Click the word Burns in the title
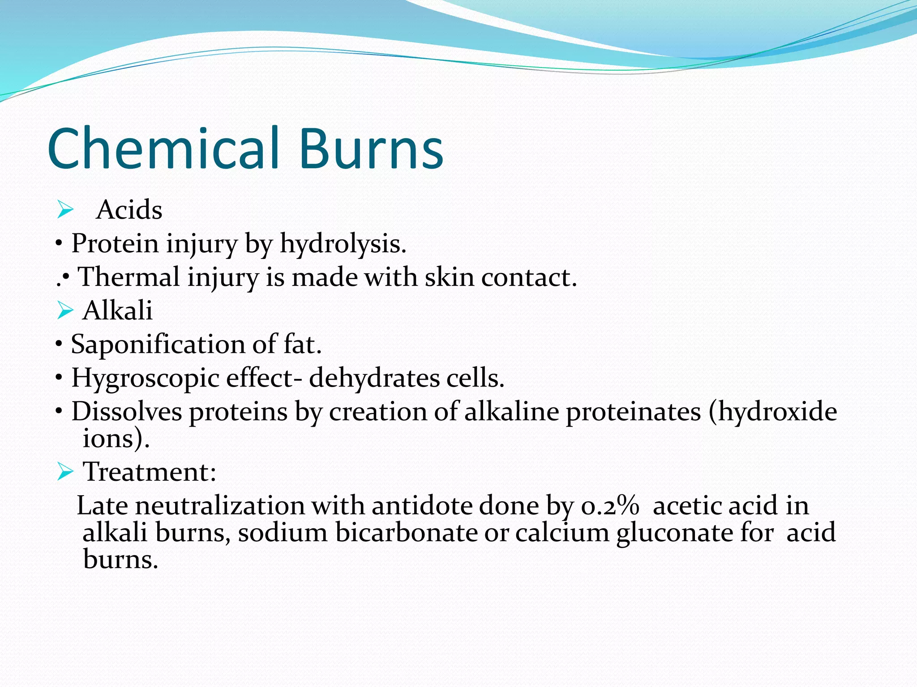[371, 148]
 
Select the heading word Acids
[129, 210]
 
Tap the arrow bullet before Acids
[65, 210]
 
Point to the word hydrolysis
[343, 244]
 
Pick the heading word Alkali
[118, 310]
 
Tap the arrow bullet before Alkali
[65, 310]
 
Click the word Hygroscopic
[144, 378]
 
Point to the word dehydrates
[374, 378]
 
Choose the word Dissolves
[127, 411]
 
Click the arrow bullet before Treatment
[65, 472]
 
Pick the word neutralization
[220, 506]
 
